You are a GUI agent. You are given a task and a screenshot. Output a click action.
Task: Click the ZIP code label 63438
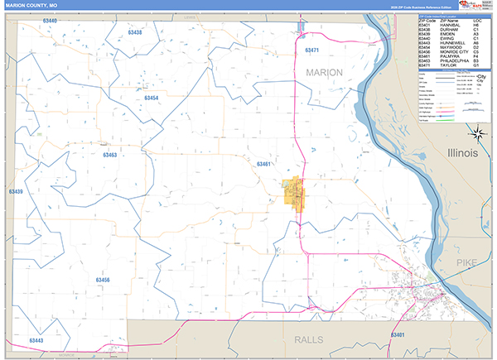pos(136,32)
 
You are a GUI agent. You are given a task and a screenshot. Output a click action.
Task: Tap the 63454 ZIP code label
pos(150,98)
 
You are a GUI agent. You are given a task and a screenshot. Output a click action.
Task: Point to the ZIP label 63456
pos(102,281)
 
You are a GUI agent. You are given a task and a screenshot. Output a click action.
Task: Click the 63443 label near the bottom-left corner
pos(36,340)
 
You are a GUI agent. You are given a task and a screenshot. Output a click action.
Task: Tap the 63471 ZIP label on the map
pos(312,51)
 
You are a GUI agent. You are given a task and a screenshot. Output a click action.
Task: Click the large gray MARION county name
pos(324,73)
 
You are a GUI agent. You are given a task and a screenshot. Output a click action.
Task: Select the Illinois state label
pos(462,154)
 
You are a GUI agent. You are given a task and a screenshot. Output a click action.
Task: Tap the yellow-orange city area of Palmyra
pos(293,195)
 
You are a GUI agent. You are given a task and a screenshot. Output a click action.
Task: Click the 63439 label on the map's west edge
pos(15,192)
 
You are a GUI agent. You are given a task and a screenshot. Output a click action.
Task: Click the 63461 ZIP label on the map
pos(264,165)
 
